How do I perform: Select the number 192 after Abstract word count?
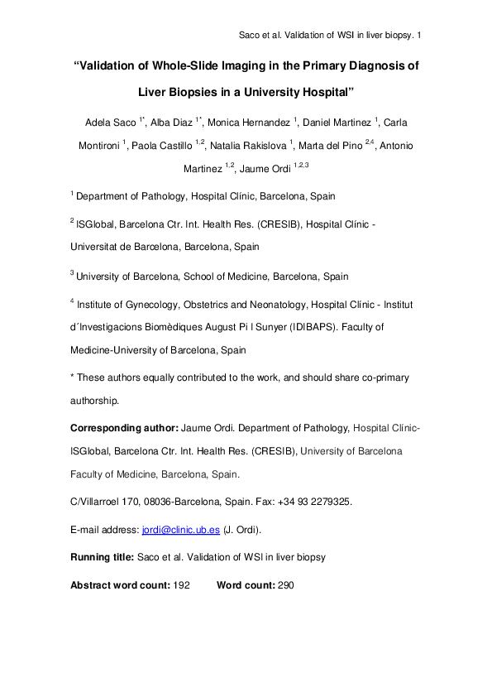click(x=182, y=584)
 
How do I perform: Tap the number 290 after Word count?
click(x=286, y=584)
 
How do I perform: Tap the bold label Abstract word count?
click(x=120, y=584)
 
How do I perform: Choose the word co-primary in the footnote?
click(x=380, y=377)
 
